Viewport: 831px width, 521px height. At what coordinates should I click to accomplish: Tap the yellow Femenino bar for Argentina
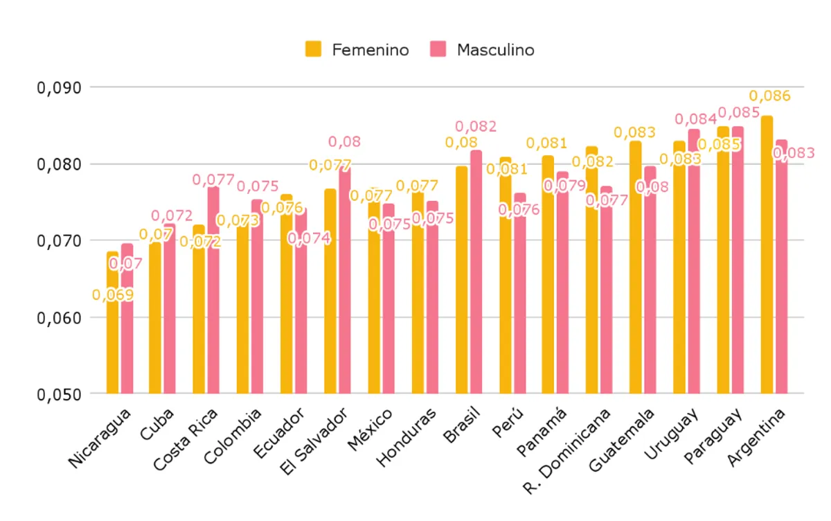pos(767,256)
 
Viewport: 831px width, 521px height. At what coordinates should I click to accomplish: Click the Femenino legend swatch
pos(314,50)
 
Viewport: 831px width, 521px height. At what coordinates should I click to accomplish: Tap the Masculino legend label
pos(496,50)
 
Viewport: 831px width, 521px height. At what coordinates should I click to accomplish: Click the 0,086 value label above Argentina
pos(770,96)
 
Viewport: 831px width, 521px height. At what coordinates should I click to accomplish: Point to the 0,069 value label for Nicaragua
pos(113,295)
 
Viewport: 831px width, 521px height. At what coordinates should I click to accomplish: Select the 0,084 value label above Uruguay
pos(695,120)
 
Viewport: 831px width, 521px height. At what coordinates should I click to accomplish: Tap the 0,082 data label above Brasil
pos(476,127)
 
